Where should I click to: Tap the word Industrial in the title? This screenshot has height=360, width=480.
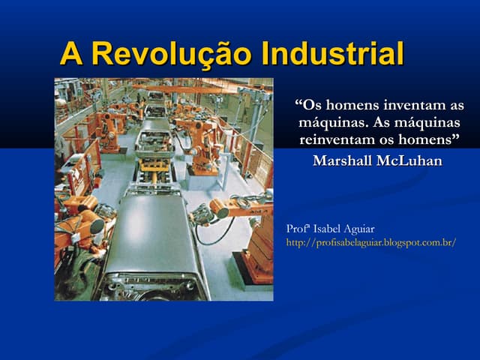click(x=331, y=54)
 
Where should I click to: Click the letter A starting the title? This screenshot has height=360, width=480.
click(x=71, y=54)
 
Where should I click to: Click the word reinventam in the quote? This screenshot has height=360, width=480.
click(x=340, y=139)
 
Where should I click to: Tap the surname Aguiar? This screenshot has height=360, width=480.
click(x=360, y=228)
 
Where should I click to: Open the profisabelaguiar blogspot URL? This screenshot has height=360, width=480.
click(x=371, y=242)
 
